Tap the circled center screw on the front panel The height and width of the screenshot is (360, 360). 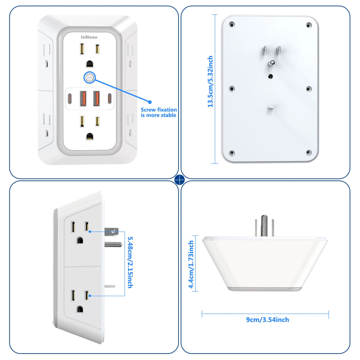pyautogui.click(x=89, y=77)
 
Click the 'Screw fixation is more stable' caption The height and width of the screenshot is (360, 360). pyautogui.click(x=158, y=112)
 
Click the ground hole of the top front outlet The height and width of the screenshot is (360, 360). pyautogui.click(x=90, y=64)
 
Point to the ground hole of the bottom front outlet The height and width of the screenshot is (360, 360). pyautogui.click(x=90, y=136)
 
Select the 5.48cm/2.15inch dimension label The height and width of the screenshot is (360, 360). pyautogui.click(x=130, y=262)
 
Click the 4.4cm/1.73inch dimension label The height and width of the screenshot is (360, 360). pyautogui.click(x=192, y=265)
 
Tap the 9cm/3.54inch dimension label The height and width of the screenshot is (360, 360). pyautogui.click(x=267, y=320)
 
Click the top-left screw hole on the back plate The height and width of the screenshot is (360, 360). pyautogui.click(x=232, y=25)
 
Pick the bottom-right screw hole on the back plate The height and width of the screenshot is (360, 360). pyautogui.click(x=308, y=153)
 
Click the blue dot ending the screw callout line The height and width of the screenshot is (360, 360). pyautogui.click(x=150, y=102)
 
